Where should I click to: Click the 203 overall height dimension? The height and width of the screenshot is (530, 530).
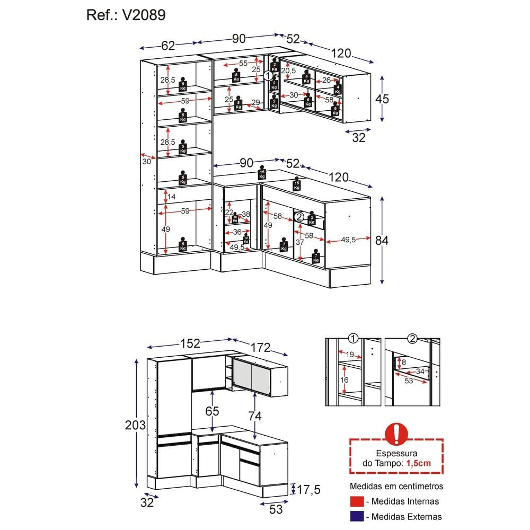click(x=135, y=425)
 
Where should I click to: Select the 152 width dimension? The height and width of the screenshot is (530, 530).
click(x=190, y=343)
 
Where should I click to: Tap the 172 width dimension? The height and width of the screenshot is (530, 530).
click(x=260, y=348)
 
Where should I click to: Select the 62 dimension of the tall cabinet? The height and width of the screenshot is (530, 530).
click(x=168, y=46)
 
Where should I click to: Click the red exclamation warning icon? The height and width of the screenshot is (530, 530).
click(x=396, y=433)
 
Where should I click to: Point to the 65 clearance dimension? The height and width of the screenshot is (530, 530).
click(x=213, y=411)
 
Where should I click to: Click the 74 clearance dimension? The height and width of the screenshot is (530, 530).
click(x=255, y=416)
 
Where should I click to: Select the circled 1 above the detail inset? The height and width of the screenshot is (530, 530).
click(x=353, y=339)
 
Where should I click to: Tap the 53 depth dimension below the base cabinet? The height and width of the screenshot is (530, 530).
click(x=276, y=509)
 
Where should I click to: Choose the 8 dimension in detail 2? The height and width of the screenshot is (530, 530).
click(x=404, y=363)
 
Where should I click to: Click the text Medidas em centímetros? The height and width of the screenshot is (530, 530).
click(x=396, y=486)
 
